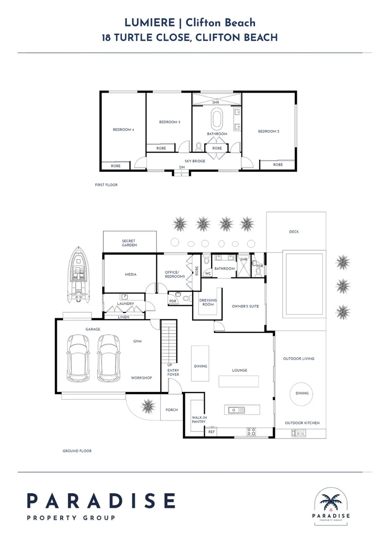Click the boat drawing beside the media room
coord(79,274)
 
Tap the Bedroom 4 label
coord(123,130)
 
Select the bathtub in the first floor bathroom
coord(217,119)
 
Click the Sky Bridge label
coord(195,161)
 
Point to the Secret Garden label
coord(129,243)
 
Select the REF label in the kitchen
coord(212,431)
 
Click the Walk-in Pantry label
coord(199,419)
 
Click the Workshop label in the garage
coord(141,378)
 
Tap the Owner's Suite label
coord(245,306)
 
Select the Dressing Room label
coord(208,302)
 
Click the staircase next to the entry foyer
coord(169,342)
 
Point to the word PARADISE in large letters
coord(101,501)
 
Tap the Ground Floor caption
coord(77,451)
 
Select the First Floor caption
coord(106,185)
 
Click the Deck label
coord(294,232)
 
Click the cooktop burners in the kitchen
coord(251,432)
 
